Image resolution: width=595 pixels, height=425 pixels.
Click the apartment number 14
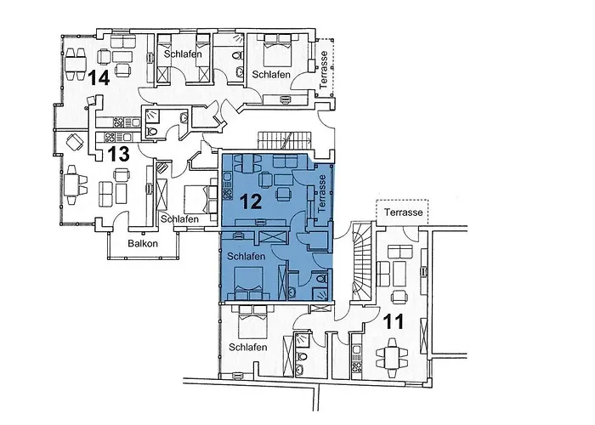click(99, 78)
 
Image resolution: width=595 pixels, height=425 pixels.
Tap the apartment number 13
click(118, 154)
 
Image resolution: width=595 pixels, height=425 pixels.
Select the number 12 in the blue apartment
click(252, 201)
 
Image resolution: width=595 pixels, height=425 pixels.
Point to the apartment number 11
click(394, 322)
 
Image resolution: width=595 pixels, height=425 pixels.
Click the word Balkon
click(143, 243)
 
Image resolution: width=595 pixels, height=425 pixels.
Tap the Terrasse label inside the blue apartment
click(322, 193)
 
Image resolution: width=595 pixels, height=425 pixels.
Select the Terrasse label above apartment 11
click(404, 212)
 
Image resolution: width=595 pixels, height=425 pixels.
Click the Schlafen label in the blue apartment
click(246, 257)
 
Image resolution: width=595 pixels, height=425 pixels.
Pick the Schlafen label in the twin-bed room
click(183, 54)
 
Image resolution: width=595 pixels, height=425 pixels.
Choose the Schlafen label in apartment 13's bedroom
click(179, 219)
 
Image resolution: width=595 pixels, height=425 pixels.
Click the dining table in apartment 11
click(392, 358)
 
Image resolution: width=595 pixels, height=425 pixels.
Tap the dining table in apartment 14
click(75, 63)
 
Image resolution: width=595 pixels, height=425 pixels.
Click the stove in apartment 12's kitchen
click(227, 194)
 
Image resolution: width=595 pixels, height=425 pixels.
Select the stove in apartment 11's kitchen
click(356, 366)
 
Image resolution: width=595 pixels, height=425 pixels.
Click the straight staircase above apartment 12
click(284, 141)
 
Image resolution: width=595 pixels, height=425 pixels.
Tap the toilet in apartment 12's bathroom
click(321, 278)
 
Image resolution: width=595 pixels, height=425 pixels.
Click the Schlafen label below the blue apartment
click(248, 347)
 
